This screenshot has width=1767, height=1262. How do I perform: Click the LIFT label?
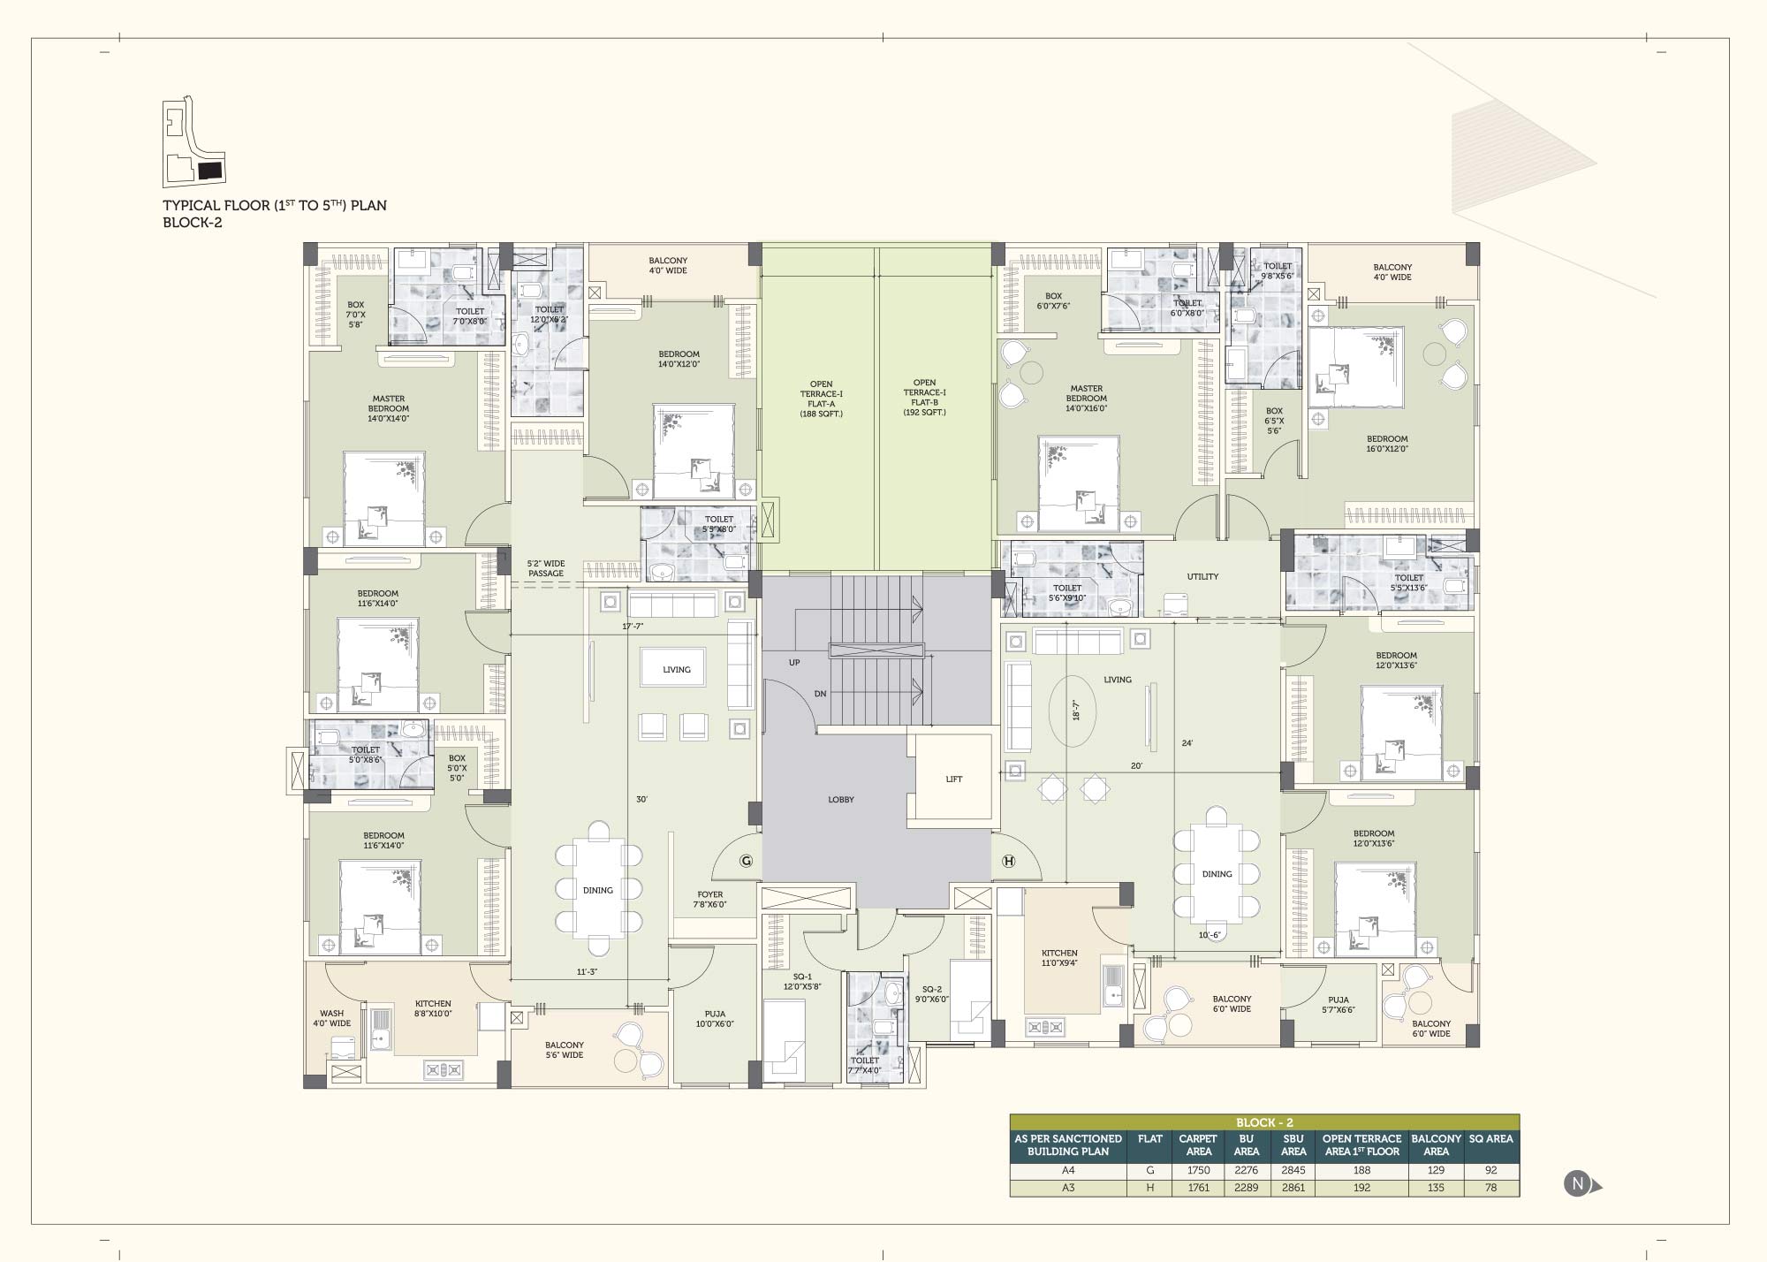point(953,779)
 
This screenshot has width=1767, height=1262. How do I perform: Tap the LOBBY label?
point(841,800)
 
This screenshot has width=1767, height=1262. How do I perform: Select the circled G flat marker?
point(746,861)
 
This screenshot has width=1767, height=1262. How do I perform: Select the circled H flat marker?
point(1009,862)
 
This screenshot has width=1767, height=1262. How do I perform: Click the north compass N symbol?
point(1578,1184)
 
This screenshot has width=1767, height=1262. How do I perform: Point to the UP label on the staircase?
point(794,663)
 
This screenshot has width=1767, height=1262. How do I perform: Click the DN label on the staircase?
point(821,695)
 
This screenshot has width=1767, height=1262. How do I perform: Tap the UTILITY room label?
point(1202,577)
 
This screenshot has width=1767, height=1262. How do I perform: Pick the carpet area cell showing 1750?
point(1198,1171)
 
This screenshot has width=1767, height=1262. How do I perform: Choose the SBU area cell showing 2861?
point(1293,1188)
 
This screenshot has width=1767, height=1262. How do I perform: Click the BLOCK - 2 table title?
point(1264,1123)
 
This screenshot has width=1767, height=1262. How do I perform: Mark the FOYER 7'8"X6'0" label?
point(709,900)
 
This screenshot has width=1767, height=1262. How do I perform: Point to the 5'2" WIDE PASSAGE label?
point(546,568)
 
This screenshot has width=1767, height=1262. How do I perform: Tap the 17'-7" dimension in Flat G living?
point(633,627)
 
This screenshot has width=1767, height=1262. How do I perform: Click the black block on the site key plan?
point(210,171)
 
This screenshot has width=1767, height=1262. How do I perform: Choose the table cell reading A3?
point(1068,1188)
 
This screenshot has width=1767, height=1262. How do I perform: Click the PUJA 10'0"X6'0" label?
point(715,1019)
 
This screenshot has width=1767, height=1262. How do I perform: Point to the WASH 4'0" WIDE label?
point(331,1019)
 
